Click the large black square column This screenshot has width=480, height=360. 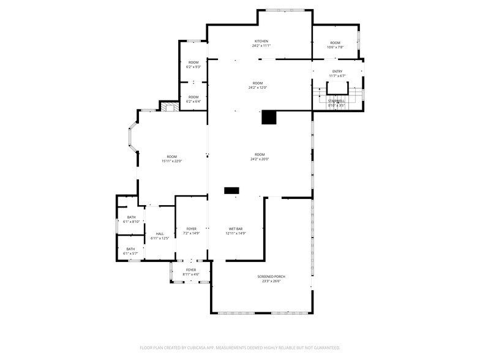pyautogui.click(x=269, y=118)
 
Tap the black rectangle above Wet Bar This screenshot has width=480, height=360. pyautogui.click(x=231, y=191)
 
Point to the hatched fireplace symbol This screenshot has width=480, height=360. pyautogui.click(x=170, y=107)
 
